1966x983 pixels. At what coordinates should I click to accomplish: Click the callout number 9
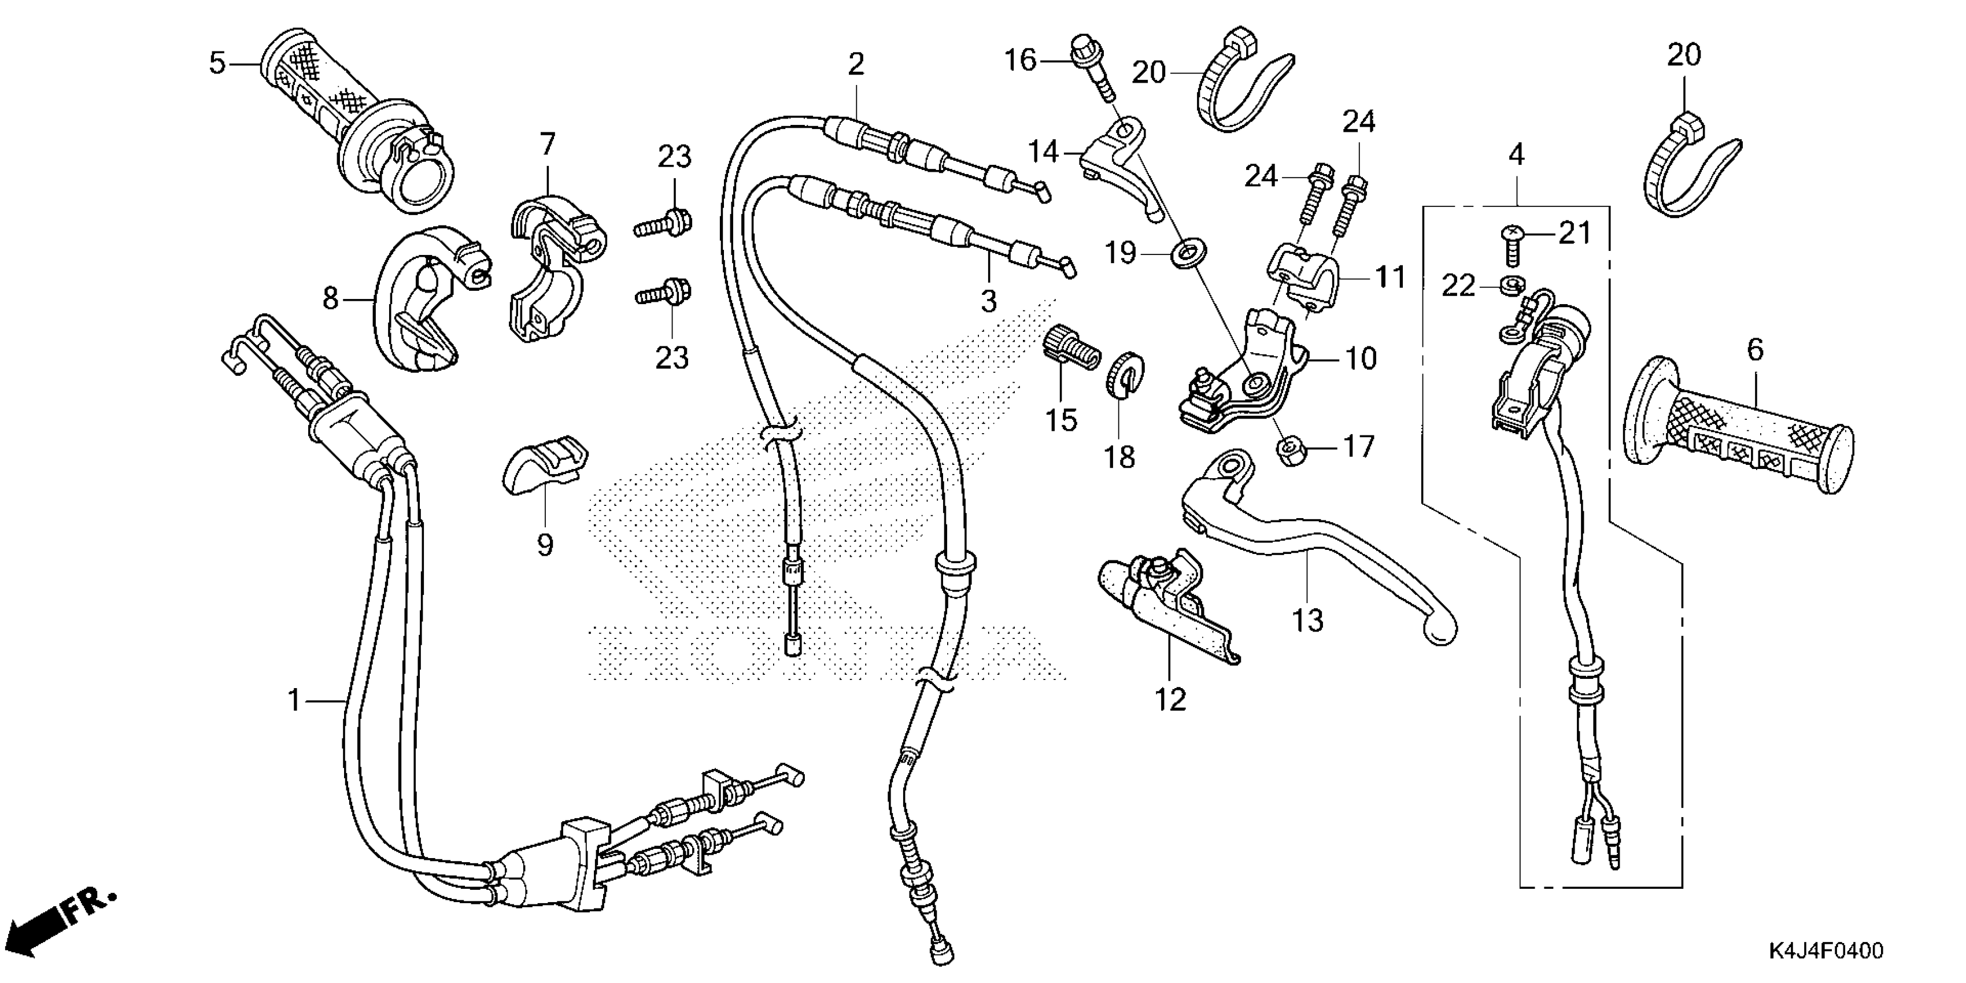click(x=544, y=545)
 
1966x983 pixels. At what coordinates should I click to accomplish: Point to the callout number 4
click(x=1517, y=155)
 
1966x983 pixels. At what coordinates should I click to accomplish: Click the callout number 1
click(x=294, y=699)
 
